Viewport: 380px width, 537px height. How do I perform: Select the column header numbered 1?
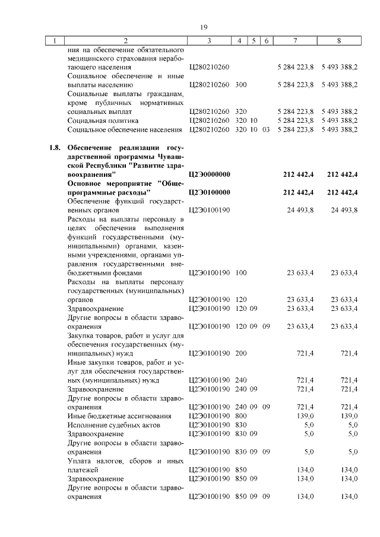[55, 41]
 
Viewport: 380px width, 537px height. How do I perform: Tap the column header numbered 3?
[209, 41]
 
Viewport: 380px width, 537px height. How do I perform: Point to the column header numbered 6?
[265, 41]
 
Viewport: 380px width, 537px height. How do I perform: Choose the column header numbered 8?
[338, 41]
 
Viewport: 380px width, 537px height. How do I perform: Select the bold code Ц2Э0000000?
[208, 174]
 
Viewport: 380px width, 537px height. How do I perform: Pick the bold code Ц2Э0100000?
[208, 192]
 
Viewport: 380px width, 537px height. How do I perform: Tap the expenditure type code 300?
[240, 85]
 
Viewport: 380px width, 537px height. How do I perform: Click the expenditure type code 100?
[240, 273]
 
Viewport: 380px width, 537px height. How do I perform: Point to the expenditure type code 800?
[240, 416]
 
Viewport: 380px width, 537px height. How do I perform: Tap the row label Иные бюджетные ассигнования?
[119, 416]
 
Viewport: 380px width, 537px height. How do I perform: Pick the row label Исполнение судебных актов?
[116, 425]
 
